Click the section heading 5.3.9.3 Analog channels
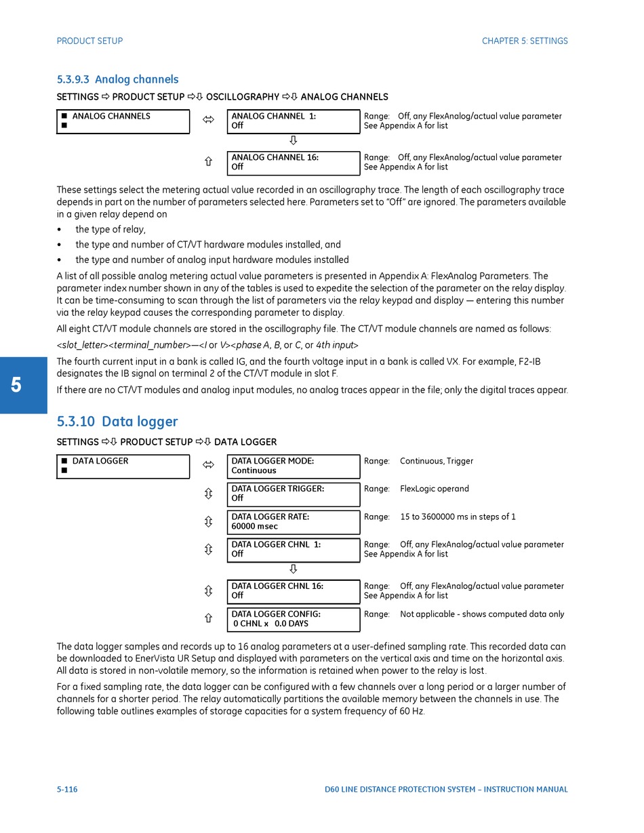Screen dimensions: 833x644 pyautogui.click(x=117, y=79)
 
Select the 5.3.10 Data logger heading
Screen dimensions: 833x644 pyautogui.click(x=117, y=422)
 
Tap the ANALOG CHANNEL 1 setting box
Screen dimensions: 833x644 pyautogui.click(x=293, y=121)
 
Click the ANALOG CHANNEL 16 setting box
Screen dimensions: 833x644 pyautogui.click(x=293, y=163)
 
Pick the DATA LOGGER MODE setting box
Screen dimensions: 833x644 pyautogui.click(x=293, y=466)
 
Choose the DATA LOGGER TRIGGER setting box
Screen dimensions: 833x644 pyautogui.click(x=293, y=494)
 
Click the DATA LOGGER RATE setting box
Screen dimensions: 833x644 pyautogui.click(x=293, y=522)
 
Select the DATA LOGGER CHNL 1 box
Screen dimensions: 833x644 pyautogui.click(x=293, y=550)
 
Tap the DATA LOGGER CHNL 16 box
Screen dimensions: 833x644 pyautogui.click(x=293, y=591)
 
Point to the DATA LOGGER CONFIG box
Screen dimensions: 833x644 pyautogui.click(x=293, y=619)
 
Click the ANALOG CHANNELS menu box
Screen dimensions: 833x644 pyautogui.click(x=123, y=121)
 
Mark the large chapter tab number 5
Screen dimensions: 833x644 pyautogui.click(x=16, y=386)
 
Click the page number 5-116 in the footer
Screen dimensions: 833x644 pyautogui.click(x=67, y=790)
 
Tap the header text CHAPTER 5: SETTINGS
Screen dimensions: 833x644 pyautogui.click(x=525, y=41)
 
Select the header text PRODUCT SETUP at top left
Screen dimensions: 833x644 pyautogui.click(x=89, y=41)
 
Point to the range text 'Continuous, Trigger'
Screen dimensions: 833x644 pyautogui.click(x=437, y=462)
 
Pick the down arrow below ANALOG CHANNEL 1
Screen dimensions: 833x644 pyautogui.click(x=293, y=141)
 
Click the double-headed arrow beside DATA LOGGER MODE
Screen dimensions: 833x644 pyautogui.click(x=208, y=466)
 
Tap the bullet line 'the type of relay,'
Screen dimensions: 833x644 pyautogui.click(x=110, y=230)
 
